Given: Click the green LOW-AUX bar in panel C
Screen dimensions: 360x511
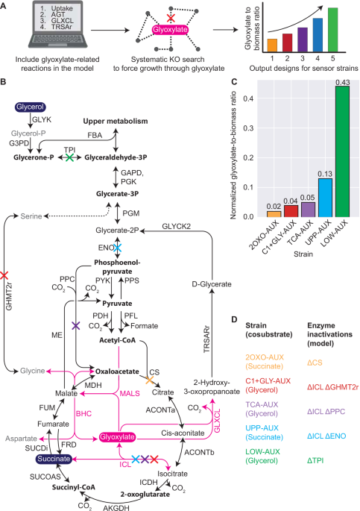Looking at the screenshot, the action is click(x=342, y=151).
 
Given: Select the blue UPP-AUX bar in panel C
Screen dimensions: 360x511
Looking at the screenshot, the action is click(x=325, y=198).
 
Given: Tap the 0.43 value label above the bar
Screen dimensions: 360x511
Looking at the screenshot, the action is click(x=342, y=83).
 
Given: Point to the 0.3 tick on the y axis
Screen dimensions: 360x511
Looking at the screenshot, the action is click(x=249, y=128).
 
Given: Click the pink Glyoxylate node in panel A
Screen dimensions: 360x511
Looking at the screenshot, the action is click(x=170, y=30).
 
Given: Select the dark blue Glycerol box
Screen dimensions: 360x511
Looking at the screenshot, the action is click(x=30, y=107).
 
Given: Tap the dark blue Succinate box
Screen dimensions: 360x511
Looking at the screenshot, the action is click(x=54, y=459).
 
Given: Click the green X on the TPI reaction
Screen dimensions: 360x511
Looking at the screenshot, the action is click(x=69, y=157).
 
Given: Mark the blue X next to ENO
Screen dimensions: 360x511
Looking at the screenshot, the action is click(x=117, y=248).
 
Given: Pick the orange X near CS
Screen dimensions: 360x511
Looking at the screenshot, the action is click(x=149, y=380).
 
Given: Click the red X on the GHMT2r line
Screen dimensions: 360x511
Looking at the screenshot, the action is click(x=4, y=275).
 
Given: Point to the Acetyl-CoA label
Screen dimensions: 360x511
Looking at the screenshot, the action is click(x=117, y=340).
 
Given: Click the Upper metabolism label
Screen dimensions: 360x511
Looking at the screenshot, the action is click(x=116, y=122).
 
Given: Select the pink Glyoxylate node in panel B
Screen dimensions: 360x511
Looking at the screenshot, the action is click(x=117, y=437).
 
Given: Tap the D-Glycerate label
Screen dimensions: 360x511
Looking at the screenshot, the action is click(x=212, y=284).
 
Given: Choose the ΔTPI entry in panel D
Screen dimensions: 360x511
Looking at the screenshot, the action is click(x=315, y=460).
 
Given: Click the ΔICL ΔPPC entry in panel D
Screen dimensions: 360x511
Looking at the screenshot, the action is click(x=326, y=412).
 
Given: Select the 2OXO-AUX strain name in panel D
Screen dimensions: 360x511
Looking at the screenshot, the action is click(x=265, y=357).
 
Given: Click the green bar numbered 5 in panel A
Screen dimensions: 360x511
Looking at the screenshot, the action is click(x=332, y=30).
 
